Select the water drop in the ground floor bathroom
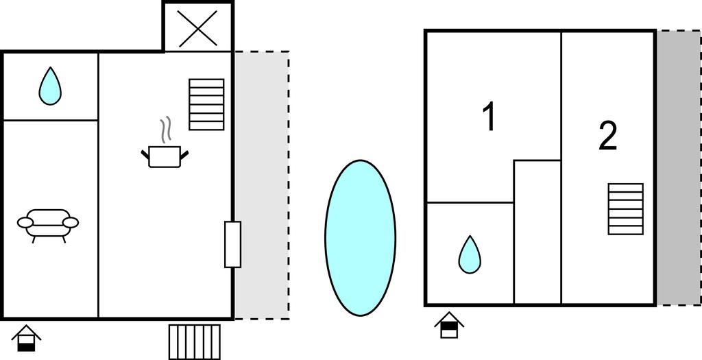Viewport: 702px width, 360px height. [x=50, y=86]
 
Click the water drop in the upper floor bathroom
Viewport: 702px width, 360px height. [x=470, y=254]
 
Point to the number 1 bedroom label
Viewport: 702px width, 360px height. [x=490, y=117]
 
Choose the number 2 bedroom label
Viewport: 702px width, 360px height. [x=608, y=136]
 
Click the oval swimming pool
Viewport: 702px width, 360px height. [x=361, y=238]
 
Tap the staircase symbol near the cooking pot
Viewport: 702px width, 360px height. [x=206, y=104]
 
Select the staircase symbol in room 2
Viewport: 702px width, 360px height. [x=626, y=209]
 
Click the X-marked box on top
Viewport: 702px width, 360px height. [x=198, y=27]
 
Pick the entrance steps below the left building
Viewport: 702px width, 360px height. [x=195, y=342]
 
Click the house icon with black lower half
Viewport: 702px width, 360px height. [x=26, y=338]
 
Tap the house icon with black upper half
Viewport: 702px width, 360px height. [x=449, y=325]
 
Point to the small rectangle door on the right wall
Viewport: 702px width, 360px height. [x=233, y=245]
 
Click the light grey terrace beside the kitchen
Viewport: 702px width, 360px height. [x=262, y=185]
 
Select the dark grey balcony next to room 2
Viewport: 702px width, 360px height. [x=679, y=168]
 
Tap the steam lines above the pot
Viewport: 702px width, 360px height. [x=166, y=130]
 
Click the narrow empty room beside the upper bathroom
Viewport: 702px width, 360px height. [x=537, y=232]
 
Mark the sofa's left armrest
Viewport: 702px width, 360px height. [x=25, y=222]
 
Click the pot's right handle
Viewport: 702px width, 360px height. [x=184, y=155]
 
